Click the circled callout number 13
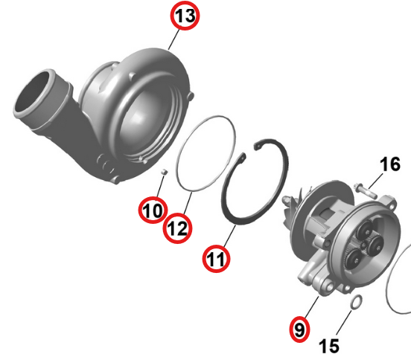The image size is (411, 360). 185,16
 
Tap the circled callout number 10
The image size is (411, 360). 153,210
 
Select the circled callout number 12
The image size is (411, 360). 177,228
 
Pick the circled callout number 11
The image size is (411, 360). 216,259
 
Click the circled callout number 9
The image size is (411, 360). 299,329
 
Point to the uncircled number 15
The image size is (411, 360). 329,346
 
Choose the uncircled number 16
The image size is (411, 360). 390,164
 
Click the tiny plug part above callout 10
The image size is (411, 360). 164,172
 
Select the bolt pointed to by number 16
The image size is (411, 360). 365,190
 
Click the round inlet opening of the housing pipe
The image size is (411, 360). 34,92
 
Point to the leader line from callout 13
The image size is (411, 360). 173,40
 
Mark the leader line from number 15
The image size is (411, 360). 344,322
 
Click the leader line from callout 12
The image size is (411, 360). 188,203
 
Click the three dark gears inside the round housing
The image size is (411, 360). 364,245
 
